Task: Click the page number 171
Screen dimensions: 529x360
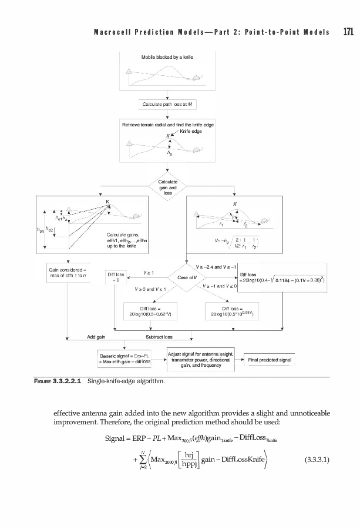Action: click(347, 32)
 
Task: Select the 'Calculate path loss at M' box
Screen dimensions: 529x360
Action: click(168, 105)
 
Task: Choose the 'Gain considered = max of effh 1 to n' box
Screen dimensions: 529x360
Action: click(68, 272)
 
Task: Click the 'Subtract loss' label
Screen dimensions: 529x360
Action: click(159, 337)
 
